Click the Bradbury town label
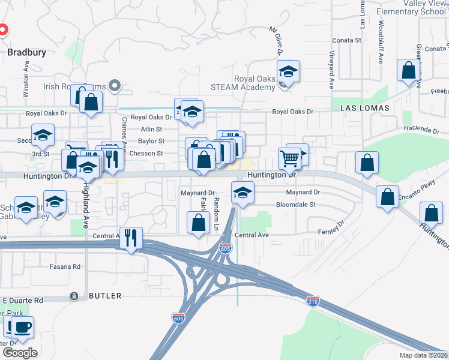click(27, 52)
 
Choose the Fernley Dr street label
click(331, 227)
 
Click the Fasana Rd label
click(65, 266)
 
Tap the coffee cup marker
click(22, 328)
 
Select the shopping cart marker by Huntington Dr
click(289, 159)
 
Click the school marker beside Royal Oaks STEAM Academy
click(288, 73)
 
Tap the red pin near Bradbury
click(2, 29)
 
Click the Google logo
click(20, 352)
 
